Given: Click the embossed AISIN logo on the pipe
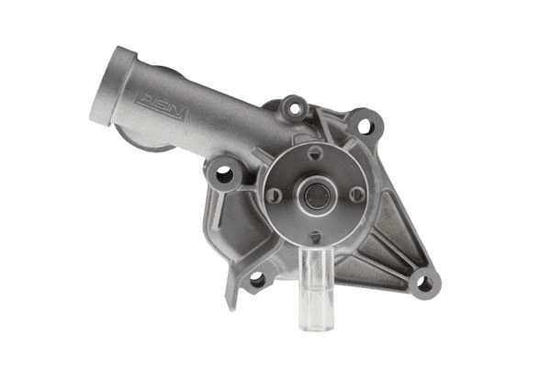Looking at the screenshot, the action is tap(162, 106).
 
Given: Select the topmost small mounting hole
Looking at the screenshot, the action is tap(296, 108).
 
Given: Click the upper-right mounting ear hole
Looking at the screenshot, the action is tap(365, 126).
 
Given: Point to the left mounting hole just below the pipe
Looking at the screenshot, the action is tap(225, 174).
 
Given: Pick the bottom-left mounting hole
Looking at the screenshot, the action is tap(257, 280).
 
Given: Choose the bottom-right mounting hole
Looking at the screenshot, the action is tap(425, 284).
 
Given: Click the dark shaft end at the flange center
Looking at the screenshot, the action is tap(318, 196).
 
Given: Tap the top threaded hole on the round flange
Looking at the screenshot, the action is tap(315, 152).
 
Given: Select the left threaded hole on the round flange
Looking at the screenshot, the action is tap(275, 195).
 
